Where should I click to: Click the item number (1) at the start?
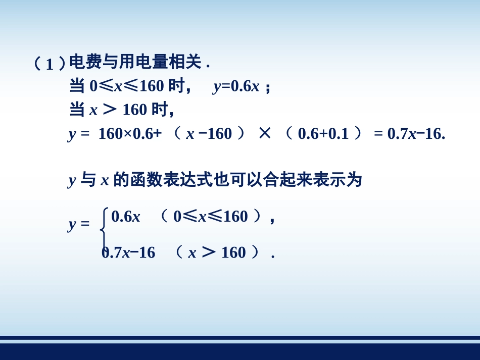[50, 64]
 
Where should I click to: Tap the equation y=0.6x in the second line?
[236, 86]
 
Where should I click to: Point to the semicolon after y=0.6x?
[268, 87]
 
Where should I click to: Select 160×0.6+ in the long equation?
[129, 134]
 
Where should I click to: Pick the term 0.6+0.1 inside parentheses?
[323, 134]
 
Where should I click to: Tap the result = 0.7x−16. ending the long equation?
[409, 134]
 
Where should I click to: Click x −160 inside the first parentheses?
[209, 134]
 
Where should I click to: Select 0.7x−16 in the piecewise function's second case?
[129, 252]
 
